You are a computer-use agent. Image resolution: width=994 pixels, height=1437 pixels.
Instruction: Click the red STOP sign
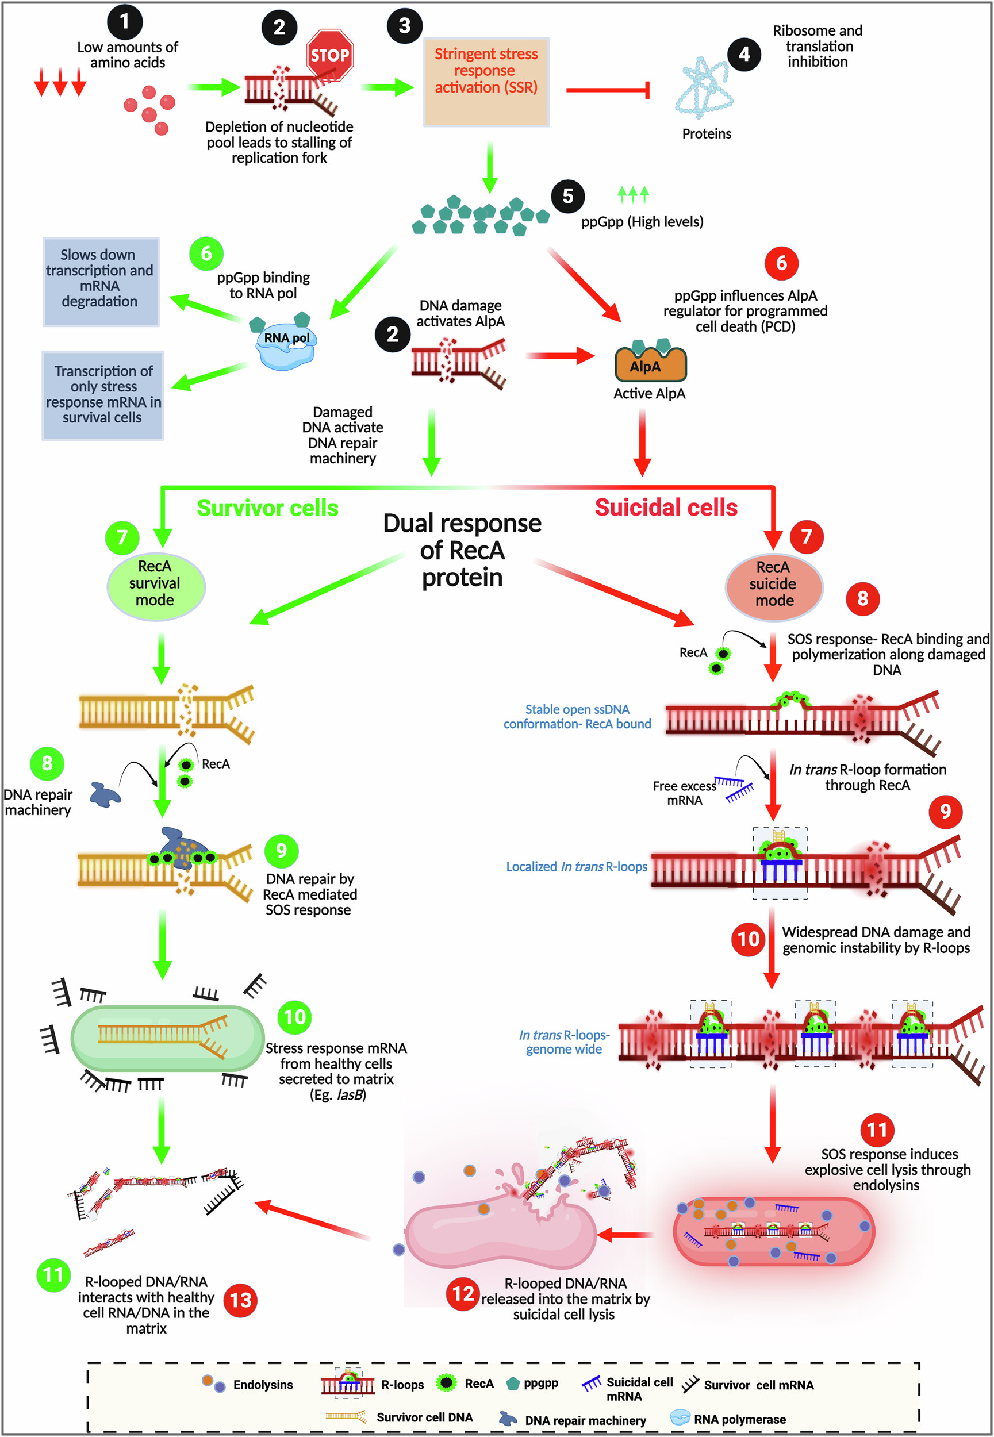click(329, 55)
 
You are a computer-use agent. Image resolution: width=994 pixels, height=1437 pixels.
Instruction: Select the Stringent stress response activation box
click(486, 82)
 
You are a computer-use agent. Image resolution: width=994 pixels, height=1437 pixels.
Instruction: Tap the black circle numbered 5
click(567, 196)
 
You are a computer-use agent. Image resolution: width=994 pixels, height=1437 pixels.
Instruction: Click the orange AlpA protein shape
click(650, 365)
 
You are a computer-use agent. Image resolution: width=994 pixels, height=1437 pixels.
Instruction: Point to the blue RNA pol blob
click(286, 347)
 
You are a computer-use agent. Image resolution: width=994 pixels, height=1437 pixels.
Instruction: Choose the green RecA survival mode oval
click(156, 585)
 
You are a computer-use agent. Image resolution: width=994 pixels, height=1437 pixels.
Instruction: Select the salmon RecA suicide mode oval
click(774, 586)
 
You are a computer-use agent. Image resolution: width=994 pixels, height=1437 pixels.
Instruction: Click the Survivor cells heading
click(267, 508)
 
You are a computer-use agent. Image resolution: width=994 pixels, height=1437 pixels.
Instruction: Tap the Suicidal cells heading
click(666, 508)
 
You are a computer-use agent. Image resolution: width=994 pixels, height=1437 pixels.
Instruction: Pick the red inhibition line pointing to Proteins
click(607, 90)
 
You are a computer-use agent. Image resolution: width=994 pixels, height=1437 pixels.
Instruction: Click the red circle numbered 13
click(240, 1300)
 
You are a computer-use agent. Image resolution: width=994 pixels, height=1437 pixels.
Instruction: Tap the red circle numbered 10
click(748, 939)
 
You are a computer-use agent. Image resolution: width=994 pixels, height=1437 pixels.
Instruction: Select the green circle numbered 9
click(281, 850)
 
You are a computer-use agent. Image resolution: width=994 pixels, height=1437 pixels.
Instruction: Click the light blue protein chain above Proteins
click(704, 87)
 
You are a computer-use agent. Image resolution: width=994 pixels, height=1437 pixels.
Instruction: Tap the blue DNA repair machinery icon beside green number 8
click(104, 795)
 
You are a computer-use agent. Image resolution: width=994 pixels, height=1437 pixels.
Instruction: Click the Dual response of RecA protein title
click(462, 551)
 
